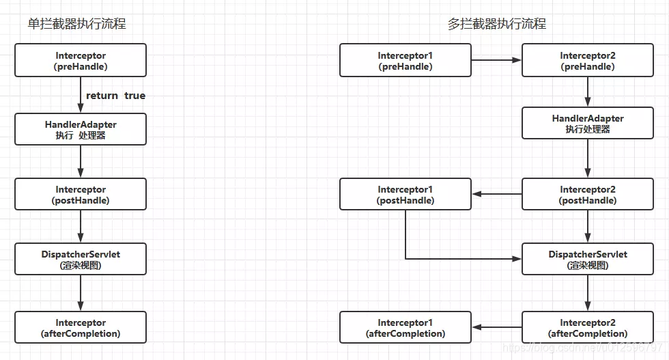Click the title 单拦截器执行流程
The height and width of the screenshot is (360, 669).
point(76,25)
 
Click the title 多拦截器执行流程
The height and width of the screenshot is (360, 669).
point(497,25)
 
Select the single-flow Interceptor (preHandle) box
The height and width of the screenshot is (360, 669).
point(81,61)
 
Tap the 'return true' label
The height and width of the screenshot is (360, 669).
point(115,96)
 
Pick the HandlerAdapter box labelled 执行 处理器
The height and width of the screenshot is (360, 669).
point(81,129)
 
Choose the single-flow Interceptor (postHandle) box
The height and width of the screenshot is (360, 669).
point(81,195)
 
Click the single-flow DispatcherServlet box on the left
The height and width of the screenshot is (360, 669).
point(81,260)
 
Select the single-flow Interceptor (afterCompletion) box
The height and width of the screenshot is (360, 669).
point(81,327)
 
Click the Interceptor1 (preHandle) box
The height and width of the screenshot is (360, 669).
point(405,61)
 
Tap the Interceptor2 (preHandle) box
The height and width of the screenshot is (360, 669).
point(588,61)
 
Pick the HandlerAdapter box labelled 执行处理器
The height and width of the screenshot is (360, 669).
point(588,123)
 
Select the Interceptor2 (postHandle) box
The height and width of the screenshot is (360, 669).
point(588,195)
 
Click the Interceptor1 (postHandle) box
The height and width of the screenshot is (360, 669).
point(405,195)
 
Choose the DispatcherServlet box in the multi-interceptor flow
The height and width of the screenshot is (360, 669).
point(588,260)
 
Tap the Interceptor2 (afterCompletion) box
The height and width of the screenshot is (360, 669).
point(588,327)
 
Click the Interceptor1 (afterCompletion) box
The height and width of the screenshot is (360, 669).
point(405,327)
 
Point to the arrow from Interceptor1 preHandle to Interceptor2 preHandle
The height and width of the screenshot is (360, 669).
point(496,60)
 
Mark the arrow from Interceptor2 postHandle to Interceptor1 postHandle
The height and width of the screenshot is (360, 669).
point(496,194)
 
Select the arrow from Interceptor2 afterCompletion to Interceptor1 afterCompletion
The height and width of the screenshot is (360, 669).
point(496,327)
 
